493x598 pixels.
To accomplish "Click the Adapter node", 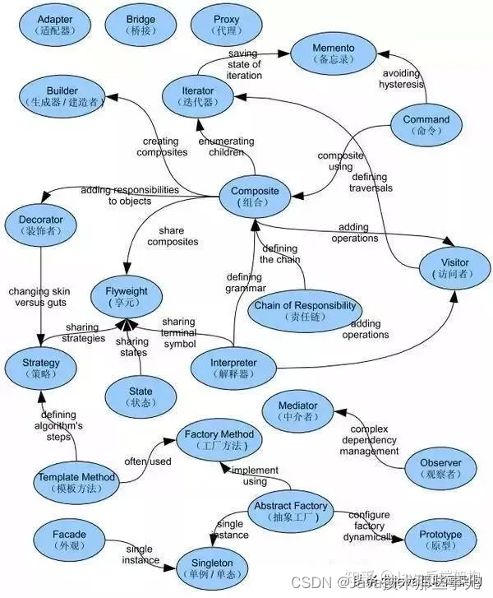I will pyautogui.click(x=55, y=25).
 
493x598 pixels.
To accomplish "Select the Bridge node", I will pyautogui.click(x=141, y=25).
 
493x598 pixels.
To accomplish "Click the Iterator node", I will pyautogui.click(x=197, y=96).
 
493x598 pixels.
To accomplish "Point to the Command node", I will pyautogui.click(x=426, y=125).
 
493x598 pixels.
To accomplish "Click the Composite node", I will pyautogui.click(x=255, y=197).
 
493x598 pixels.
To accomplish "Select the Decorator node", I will pyautogui.click(x=40, y=225).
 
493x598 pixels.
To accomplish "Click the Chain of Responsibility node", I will pyautogui.click(x=305, y=311).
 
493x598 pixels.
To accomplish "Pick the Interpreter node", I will pyautogui.click(x=234, y=369).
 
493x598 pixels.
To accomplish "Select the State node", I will pyautogui.click(x=141, y=397).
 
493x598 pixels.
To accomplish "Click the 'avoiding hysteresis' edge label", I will pyautogui.click(x=402, y=79).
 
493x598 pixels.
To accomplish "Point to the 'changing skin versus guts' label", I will pyautogui.click(x=40, y=296).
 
